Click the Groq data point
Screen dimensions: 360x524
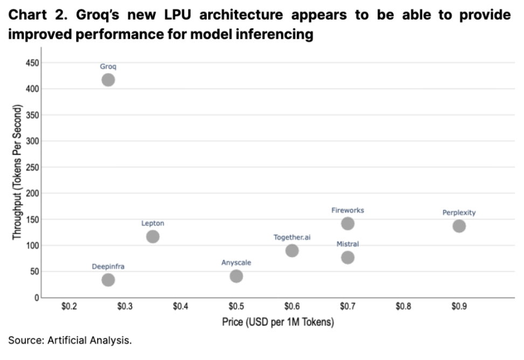point(108,80)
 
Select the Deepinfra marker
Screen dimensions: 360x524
point(108,280)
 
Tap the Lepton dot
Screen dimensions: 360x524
point(153,237)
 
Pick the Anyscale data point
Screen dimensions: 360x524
point(236,276)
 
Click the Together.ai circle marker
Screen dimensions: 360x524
point(292,251)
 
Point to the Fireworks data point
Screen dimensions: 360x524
point(348,223)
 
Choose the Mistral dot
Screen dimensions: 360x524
point(348,258)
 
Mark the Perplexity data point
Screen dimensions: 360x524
point(459,226)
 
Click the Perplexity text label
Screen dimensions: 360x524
point(459,212)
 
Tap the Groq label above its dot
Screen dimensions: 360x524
point(108,67)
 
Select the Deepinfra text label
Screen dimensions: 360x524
point(108,266)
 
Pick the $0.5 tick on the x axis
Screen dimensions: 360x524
point(236,307)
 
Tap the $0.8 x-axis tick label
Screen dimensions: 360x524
point(403,307)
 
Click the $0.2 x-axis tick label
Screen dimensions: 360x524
point(69,307)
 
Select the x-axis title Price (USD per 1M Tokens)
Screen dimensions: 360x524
point(278,322)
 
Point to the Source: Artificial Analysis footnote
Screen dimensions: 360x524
point(70,340)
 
